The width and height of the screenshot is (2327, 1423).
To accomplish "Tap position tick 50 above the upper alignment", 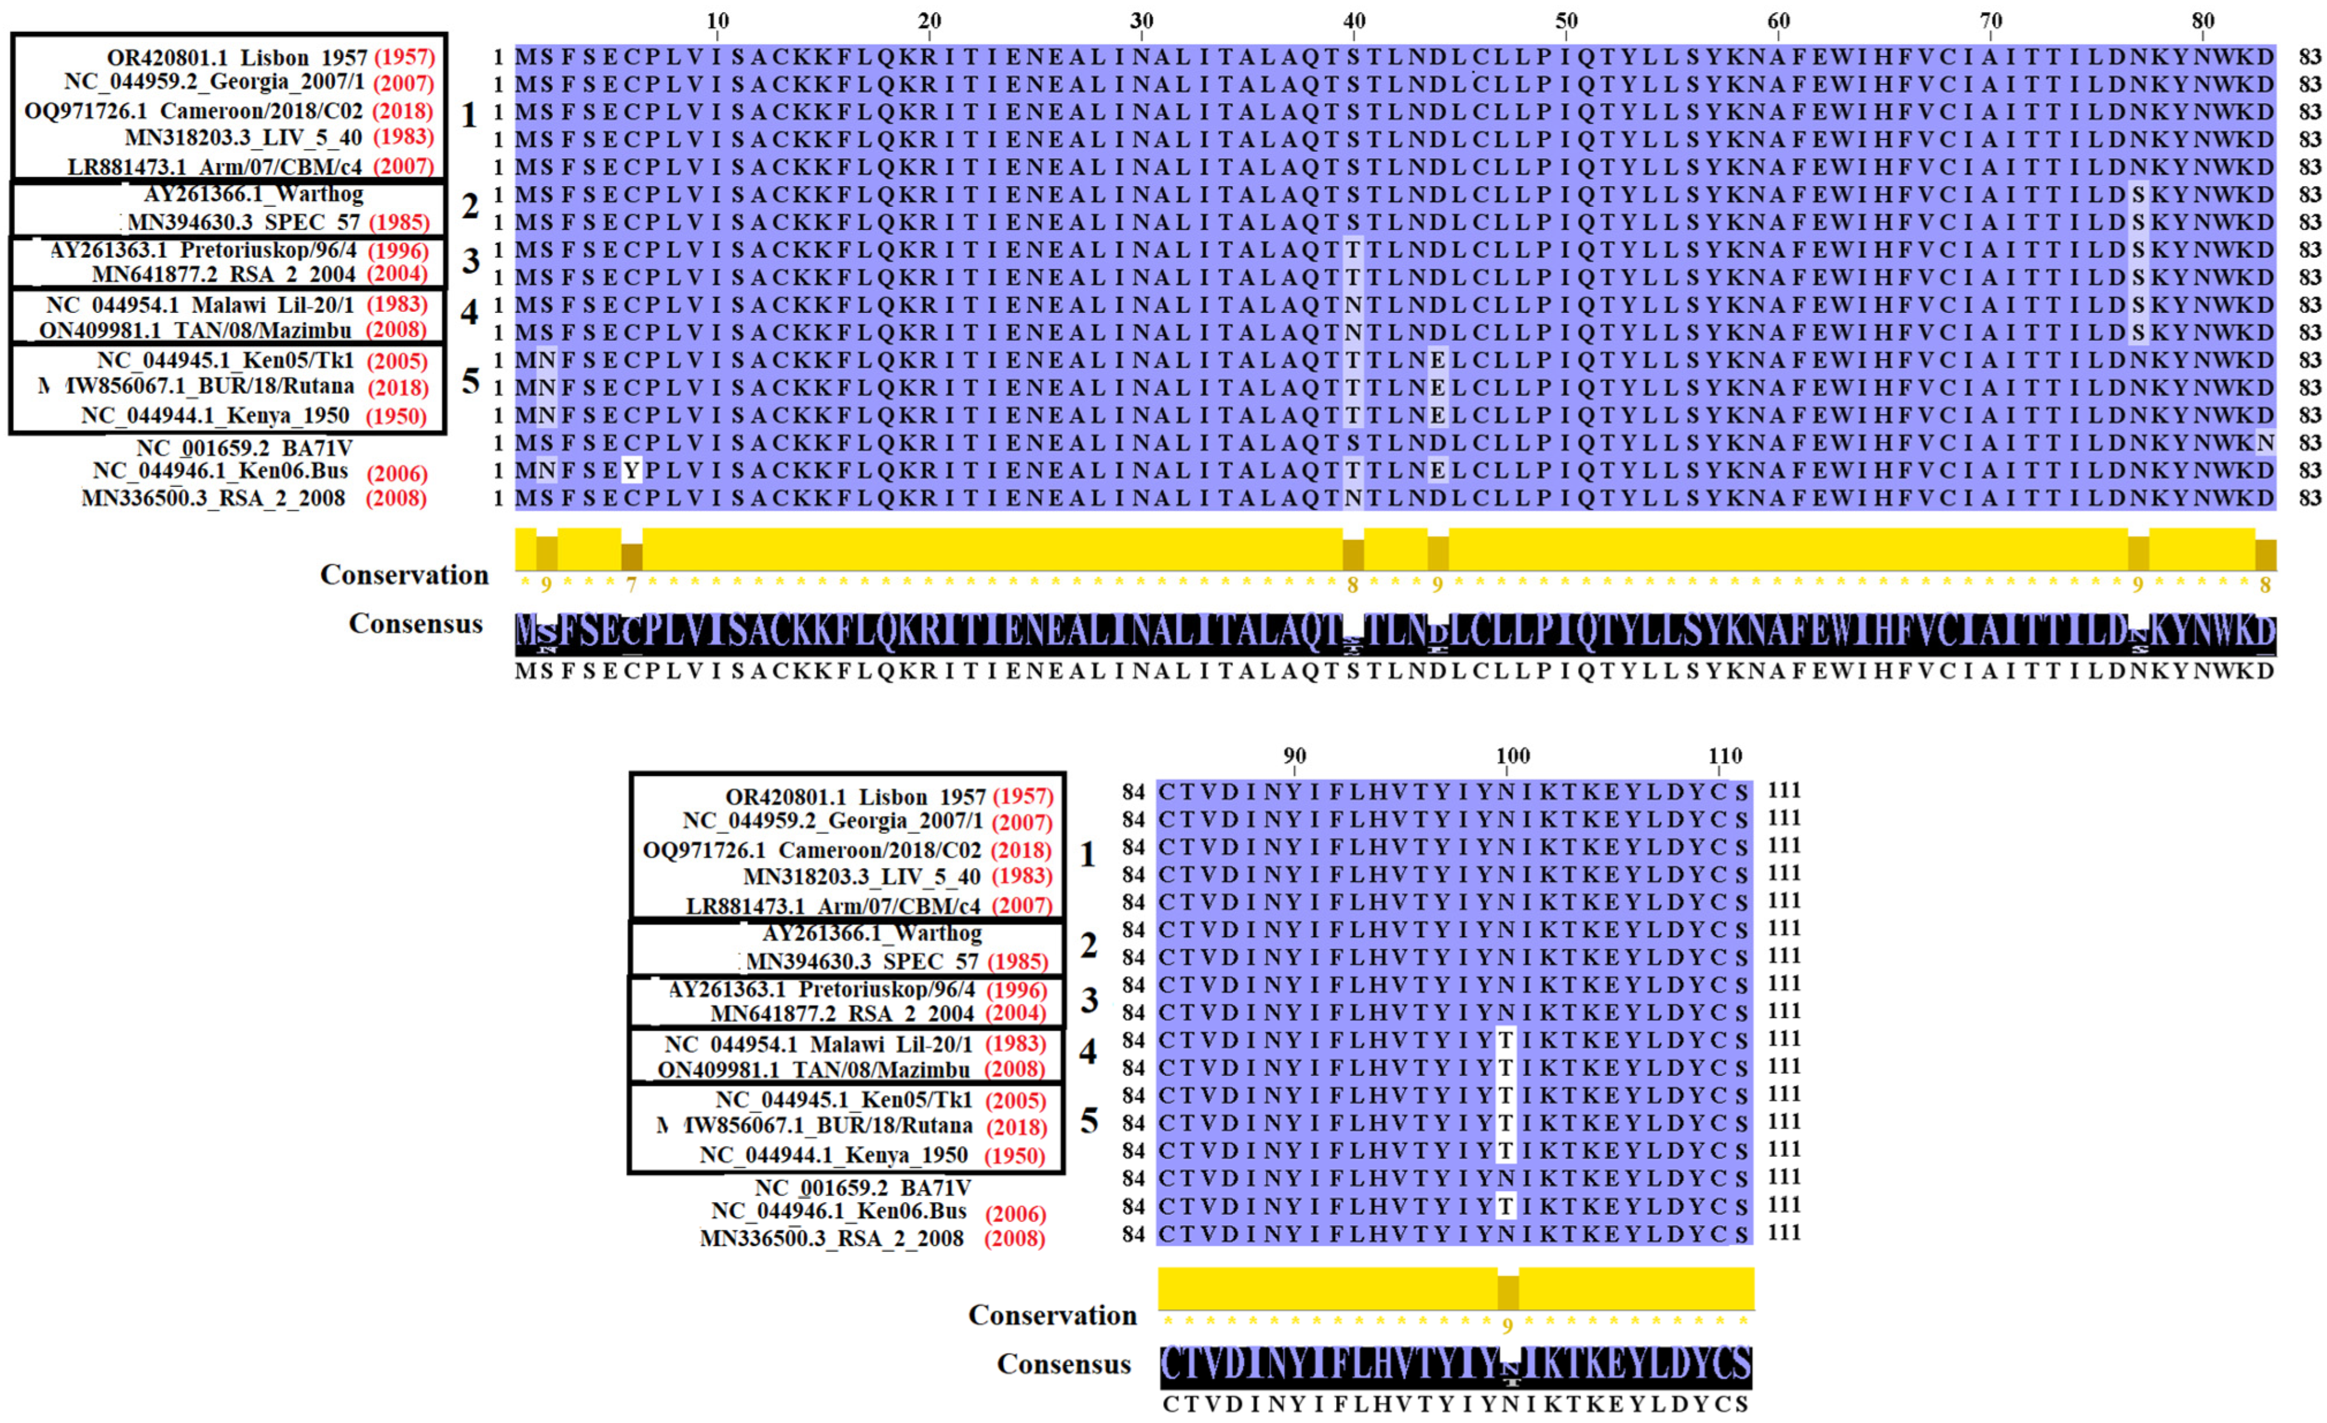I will pyautogui.click(x=1566, y=21).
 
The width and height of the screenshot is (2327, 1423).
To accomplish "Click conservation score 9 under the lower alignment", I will pyautogui.click(x=1507, y=1326).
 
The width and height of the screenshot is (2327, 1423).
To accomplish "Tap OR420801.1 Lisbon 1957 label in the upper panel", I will pyautogui.click(x=236, y=58).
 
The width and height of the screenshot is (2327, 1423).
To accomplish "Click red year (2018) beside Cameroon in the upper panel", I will pyautogui.click(x=402, y=110).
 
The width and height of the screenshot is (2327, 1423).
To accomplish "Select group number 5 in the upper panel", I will pyautogui.click(x=470, y=382).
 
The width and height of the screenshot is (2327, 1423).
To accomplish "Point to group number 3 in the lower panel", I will pyautogui.click(x=1089, y=1001).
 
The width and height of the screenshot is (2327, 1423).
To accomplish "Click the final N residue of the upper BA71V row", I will pyautogui.click(x=2265, y=443).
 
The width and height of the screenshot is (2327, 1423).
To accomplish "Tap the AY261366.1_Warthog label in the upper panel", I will pyautogui.click(x=253, y=195).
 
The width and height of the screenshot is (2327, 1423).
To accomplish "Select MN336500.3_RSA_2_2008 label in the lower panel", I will pyautogui.click(x=831, y=1238).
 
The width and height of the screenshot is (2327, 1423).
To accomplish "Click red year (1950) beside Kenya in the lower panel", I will pyautogui.click(x=1014, y=1156).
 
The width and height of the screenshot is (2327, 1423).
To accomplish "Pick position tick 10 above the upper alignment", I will pyautogui.click(x=717, y=21).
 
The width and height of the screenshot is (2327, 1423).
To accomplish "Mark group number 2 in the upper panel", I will pyautogui.click(x=470, y=206).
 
